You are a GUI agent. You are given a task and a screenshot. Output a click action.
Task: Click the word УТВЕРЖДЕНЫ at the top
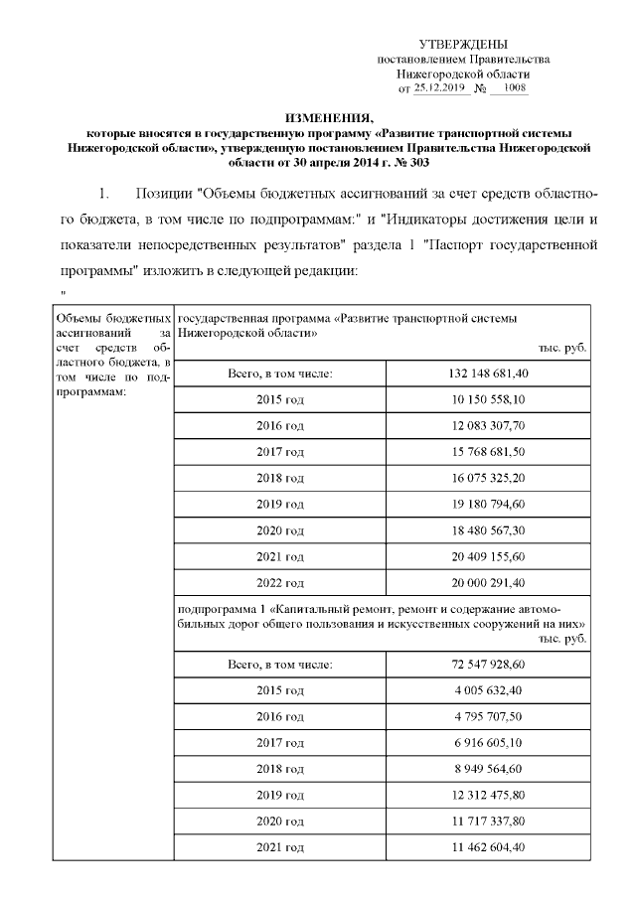coord(463,45)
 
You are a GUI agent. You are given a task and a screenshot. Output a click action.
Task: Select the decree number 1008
coord(515,88)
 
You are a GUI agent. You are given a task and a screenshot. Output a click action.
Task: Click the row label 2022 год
coord(280,583)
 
